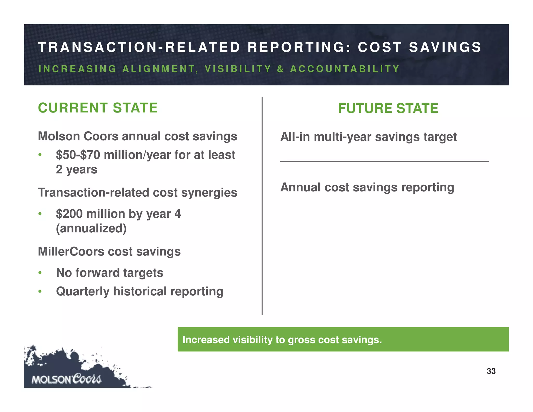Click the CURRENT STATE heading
(x=98, y=108)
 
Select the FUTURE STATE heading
(x=388, y=108)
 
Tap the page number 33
(x=491, y=371)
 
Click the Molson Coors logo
(x=66, y=379)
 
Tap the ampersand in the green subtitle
(x=280, y=69)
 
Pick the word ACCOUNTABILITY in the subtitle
(x=345, y=69)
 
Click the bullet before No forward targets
(x=40, y=273)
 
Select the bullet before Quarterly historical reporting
(x=40, y=291)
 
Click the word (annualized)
(x=91, y=228)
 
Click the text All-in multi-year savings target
(x=368, y=137)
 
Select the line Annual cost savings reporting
(x=367, y=188)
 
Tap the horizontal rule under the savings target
(x=384, y=161)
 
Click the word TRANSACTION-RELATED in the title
(x=139, y=47)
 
